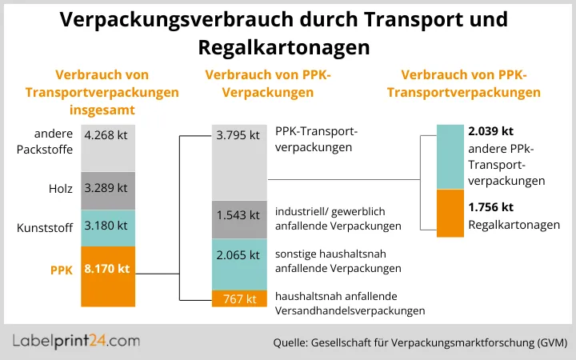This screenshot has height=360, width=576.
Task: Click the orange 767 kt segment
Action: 238,298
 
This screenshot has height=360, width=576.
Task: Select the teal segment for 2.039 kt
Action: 450,156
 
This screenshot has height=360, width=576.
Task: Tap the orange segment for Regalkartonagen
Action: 450,213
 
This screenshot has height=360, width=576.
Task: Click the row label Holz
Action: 60,190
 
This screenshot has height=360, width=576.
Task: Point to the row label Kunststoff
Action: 45,228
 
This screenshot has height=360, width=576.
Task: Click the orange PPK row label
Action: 60,270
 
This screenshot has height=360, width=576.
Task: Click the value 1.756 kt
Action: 490,206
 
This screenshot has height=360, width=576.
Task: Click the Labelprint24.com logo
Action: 77,341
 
